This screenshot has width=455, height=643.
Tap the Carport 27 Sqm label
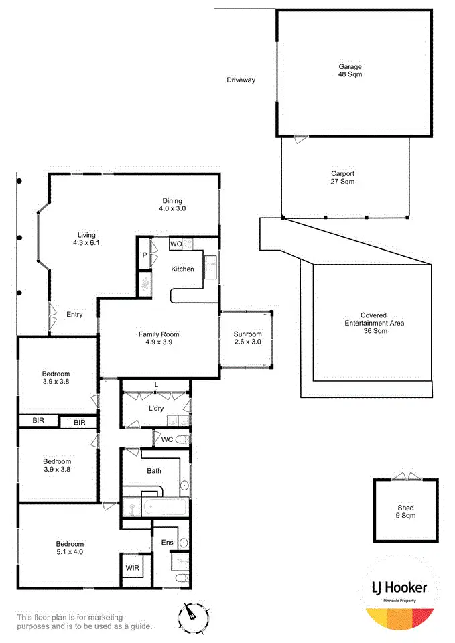(x=342, y=177)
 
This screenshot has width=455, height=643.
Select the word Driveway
(x=241, y=80)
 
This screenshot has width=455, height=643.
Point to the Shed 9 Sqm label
(x=405, y=512)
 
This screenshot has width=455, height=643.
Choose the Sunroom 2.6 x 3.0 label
(x=247, y=339)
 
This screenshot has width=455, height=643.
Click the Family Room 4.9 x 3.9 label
(x=159, y=338)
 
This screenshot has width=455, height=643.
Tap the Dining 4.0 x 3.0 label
(x=172, y=204)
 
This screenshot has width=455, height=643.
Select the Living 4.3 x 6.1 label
(x=86, y=239)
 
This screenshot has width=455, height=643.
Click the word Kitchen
(x=182, y=269)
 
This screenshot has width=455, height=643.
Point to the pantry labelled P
(x=144, y=255)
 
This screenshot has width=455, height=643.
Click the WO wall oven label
(x=176, y=244)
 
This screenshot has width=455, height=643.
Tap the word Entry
(x=74, y=315)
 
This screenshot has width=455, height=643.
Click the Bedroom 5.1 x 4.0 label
(x=70, y=548)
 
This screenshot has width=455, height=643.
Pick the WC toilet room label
(x=166, y=439)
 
